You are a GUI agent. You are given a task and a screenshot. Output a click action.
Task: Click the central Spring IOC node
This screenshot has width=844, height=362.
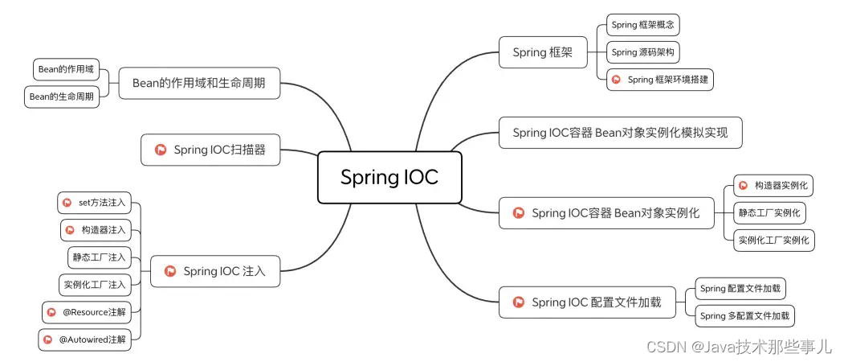pos(389,177)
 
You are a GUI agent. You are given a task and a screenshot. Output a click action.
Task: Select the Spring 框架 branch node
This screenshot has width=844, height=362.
pos(542,52)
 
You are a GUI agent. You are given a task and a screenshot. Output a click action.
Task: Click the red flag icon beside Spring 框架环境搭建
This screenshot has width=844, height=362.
pos(616,80)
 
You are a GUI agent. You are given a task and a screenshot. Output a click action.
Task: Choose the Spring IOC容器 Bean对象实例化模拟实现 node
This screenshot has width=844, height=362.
pos(620,133)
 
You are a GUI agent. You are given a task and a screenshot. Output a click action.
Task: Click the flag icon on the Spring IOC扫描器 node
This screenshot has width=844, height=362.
pos(160,150)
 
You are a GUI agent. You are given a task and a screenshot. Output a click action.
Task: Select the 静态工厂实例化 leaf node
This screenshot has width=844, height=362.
pos(770,213)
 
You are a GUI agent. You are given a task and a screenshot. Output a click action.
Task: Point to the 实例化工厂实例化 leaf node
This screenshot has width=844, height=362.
pos(774,240)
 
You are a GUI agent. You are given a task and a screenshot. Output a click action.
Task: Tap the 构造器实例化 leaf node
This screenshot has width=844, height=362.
pos(772,186)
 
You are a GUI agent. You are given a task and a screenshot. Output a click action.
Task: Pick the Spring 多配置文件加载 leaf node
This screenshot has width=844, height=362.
pos(744,315)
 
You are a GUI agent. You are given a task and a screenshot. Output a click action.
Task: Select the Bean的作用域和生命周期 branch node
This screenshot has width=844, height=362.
pos(199,82)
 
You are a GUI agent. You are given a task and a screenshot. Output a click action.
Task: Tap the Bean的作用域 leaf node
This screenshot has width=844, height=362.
pos(66,69)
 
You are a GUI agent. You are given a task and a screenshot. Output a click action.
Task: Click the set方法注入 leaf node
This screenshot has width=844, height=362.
pos(95,203)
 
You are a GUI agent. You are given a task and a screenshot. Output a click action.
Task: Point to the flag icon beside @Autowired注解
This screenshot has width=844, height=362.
pos(49,339)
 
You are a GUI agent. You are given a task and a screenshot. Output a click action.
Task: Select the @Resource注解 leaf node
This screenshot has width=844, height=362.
pos(89,311)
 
